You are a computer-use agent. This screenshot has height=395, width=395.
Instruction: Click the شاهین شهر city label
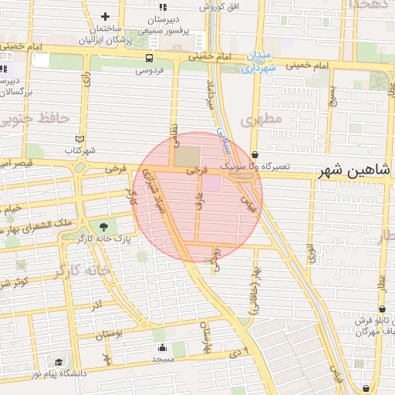point(356,170)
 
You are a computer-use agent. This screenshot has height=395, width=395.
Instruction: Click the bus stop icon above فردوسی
point(148,58)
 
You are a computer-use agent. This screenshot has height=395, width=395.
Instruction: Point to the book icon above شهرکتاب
point(72,138)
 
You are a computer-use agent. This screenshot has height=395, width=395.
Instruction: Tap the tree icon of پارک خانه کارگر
point(103,227)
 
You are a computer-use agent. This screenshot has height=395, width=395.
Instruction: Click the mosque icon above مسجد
point(161,348)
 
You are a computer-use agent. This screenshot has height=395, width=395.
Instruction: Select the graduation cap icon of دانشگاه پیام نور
point(59,362)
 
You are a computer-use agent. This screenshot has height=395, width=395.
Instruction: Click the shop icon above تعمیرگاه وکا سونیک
point(255,155)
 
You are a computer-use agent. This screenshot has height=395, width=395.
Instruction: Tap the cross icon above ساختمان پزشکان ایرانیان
point(106,16)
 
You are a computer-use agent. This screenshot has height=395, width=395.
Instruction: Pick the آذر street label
point(96,306)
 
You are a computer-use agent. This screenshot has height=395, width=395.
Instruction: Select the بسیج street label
point(333,96)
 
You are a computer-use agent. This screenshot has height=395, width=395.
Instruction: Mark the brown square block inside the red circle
point(186,156)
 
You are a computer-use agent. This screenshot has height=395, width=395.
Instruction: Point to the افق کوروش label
point(217,6)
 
